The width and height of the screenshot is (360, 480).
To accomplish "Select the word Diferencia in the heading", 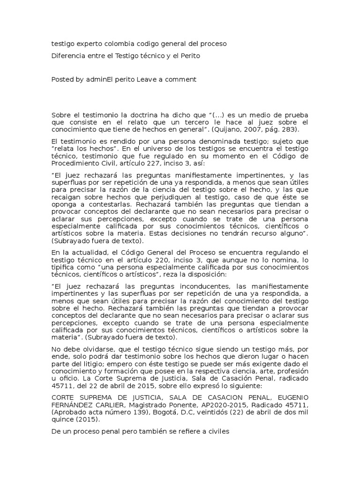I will pos(68,55).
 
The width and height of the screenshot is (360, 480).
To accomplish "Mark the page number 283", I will pos(286,129).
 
